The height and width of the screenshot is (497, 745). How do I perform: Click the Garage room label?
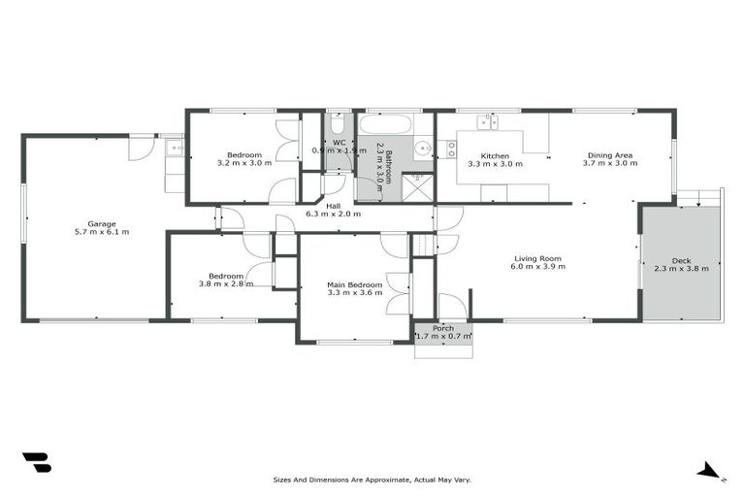point(102,223)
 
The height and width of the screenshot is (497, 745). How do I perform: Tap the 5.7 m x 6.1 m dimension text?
point(102,232)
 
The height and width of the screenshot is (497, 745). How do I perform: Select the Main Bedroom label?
point(355,283)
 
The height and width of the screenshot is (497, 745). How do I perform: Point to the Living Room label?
point(537,258)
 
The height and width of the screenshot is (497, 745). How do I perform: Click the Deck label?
point(681,259)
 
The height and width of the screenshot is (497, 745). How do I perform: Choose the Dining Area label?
point(609,155)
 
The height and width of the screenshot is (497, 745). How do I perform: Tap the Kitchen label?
point(495,155)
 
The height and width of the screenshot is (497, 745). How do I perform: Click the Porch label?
point(443,328)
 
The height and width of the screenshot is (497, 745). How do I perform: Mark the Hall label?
point(333,205)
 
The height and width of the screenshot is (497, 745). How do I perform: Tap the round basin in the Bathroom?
point(423,149)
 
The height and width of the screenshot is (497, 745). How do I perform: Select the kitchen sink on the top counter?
point(487,122)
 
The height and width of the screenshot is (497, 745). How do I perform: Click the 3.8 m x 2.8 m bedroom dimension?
point(226,283)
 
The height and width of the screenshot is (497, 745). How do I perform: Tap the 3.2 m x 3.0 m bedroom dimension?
point(243,163)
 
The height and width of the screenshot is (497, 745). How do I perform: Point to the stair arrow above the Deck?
point(699,200)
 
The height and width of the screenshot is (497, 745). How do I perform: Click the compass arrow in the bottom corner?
point(709,473)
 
